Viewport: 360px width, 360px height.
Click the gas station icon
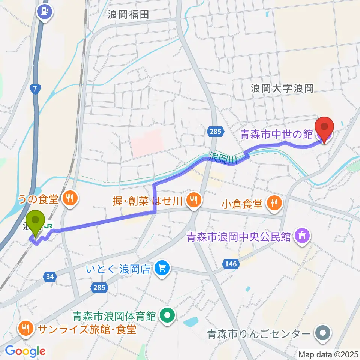click(x=45, y=11)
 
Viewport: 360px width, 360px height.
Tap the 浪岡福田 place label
click(x=128, y=15)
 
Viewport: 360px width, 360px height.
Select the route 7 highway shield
click(x=35, y=89)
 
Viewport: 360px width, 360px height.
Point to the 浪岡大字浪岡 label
click(x=282, y=88)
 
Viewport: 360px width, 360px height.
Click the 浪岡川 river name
click(x=224, y=157)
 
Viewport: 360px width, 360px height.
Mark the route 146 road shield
click(x=231, y=264)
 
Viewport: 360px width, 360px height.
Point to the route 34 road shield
click(x=50, y=277)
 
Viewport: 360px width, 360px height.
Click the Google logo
click(x=25, y=351)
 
